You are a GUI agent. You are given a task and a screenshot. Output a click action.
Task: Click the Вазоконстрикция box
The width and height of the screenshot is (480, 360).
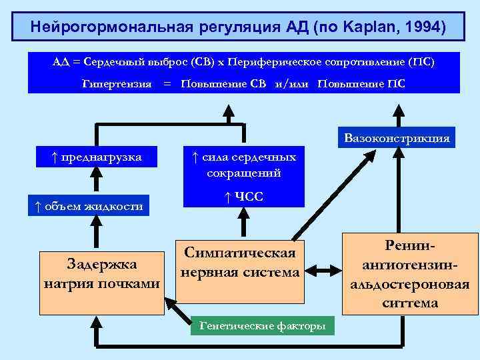tap(397, 139)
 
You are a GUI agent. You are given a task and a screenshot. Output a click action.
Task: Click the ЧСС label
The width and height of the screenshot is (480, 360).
tap(243, 197)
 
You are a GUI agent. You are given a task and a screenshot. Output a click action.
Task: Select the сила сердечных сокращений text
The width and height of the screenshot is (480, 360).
tap(243, 165)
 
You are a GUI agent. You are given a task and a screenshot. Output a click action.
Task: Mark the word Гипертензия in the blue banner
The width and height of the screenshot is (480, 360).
tap(117, 85)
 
